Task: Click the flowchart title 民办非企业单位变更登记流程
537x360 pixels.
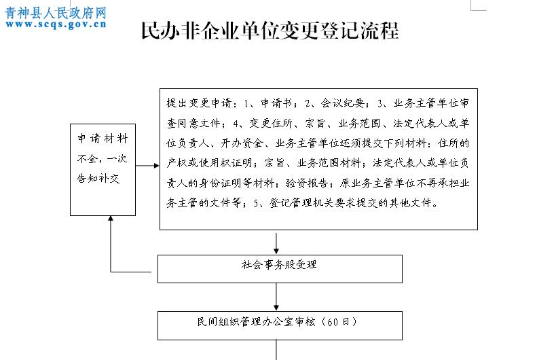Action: point(270,31)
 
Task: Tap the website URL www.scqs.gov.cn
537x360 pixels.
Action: point(56,24)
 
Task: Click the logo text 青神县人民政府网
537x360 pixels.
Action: point(56,13)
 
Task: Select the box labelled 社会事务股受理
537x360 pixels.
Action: point(280,269)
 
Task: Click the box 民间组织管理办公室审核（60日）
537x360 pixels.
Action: point(280,325)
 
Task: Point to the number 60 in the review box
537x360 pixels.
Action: point(332,322)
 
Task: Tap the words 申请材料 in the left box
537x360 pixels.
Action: point(103,139)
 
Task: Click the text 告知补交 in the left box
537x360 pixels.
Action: point(98,178)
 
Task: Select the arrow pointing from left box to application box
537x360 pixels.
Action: point(147,166)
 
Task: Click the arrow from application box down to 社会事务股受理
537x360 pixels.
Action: point(276,244)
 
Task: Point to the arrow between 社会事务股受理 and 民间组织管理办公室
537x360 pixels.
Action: point(276,297)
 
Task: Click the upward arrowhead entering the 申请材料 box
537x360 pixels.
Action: point(111,218)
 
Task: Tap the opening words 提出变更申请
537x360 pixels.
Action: point(199,103)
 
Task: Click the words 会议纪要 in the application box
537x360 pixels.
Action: point(342,103)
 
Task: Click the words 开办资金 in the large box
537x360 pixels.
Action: point(242,143)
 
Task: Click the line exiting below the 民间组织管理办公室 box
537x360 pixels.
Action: point(276,350)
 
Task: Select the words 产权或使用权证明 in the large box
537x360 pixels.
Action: point(209,163)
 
